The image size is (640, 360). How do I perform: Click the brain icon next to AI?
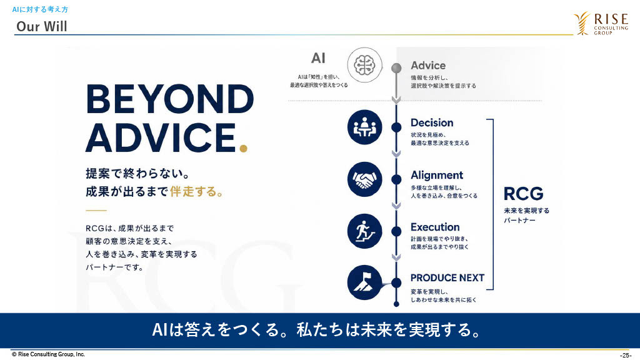364,65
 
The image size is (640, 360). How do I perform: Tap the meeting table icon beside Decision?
364,127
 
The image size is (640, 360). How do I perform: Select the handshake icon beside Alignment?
364,179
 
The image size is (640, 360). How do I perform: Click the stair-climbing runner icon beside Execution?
364,231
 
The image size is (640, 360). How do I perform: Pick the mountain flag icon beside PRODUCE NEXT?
364,282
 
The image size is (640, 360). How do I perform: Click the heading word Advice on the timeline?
428,65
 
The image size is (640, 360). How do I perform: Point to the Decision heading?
432,122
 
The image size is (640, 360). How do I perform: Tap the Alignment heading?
437,175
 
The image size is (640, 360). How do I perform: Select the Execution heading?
435,227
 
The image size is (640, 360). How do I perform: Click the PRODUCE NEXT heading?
447,278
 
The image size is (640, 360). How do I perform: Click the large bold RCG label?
523,194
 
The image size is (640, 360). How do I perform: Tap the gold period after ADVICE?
243,148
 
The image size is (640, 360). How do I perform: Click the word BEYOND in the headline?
170,99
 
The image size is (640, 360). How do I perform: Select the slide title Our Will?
42,26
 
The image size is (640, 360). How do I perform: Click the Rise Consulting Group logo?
601,23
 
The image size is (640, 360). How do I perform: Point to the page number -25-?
625,355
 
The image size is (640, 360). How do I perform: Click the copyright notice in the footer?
48,354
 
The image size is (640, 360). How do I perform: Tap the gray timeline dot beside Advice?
396,67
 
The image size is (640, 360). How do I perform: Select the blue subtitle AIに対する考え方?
40,9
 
